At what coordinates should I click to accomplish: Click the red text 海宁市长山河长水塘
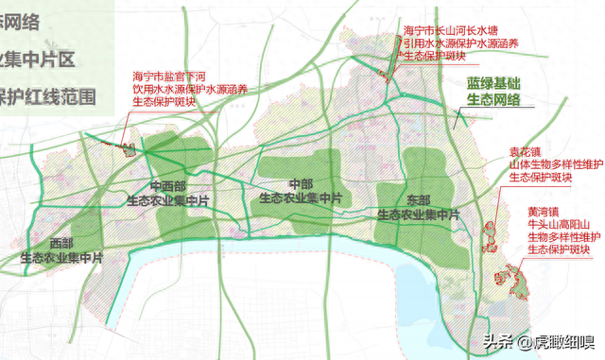coord(450,30)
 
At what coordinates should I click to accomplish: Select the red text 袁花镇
coord(527,150)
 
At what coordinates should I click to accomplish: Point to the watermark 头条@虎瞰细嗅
coord(538,340)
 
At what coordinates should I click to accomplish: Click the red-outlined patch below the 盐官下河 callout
coord(127,146)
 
